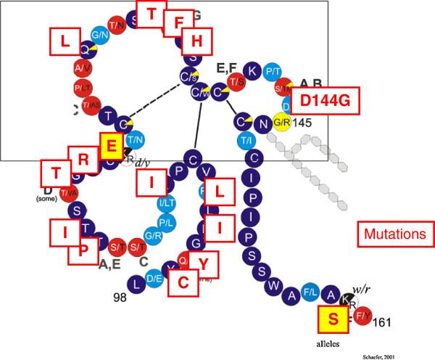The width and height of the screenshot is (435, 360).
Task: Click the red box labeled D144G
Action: (325, 102)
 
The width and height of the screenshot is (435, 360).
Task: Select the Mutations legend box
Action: (395, 235)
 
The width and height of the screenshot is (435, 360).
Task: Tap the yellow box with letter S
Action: (333, 320)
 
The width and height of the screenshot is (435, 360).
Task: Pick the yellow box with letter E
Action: (111, 146)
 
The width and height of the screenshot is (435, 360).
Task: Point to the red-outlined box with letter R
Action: (83, 157)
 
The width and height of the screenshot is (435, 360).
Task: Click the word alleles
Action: (332, 340)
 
